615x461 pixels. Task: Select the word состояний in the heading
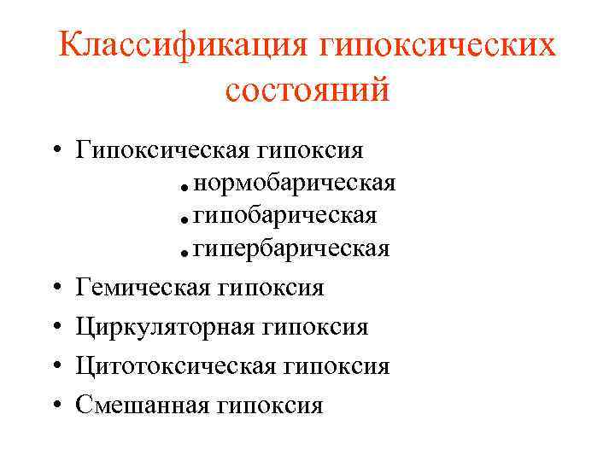tap(307, 89)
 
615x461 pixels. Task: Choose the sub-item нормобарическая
tap(295, 184)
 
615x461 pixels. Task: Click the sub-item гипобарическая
tap(285, 216)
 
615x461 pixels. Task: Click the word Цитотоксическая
tap(175, 366)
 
